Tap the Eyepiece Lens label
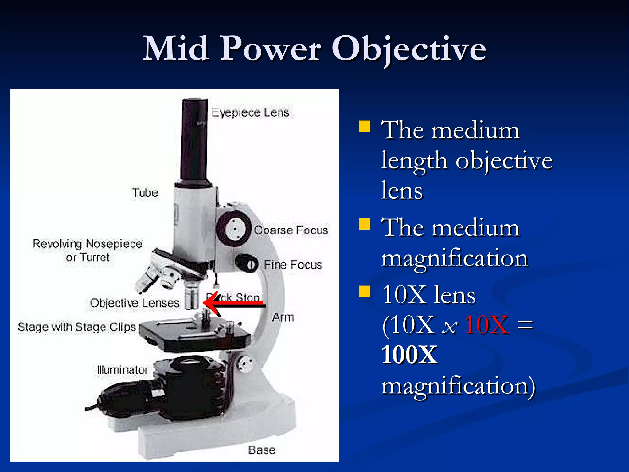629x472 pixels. pyautogui.click(x=250, y=112)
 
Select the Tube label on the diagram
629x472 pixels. pyautogui.click(x=145, y=193)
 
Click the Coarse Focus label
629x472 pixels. pyautogui.click(x=291, y=230)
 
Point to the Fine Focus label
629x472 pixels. pyautogui.click(x=292, y=265)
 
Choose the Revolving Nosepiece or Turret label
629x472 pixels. pyautogui.click(x=88, y=250)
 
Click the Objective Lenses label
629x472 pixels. pyautogui.click(x=135, y=303)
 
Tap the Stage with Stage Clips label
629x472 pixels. pyautogui.click(x=76, y=327)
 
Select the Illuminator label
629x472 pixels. pyautogui.click(x=122, y=370)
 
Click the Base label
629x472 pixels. pyautogui.click(x=261, y=450)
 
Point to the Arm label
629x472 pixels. pyautogui.click(x=283, y=317)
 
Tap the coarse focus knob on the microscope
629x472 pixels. pyautogui.click(x=234, y=229)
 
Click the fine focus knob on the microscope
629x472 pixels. pyautogui.click(x=248, y=264)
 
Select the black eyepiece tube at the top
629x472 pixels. pyautogui.click(x=194, y=141)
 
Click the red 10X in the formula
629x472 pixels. pyautogui.click(x=486, y=325)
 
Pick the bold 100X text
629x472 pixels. pyautogui.click(x=409, y=355)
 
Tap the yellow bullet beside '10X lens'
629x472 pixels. pyautogui.click(x=365, y=292)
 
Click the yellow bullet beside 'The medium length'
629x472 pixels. pyautogui.click(x=365, y=126)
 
